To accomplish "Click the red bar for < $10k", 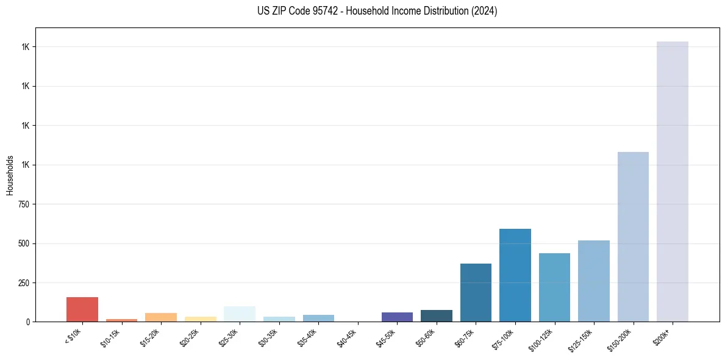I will [82, 309].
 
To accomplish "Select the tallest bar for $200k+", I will [673, 181].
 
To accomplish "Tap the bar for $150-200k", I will [633, 237].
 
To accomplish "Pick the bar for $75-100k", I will [515, 275].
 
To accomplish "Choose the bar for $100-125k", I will [554, 287].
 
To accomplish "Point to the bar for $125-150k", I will [594, 281].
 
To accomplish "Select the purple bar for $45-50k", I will [397, 317].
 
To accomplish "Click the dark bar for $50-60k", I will [437, 315].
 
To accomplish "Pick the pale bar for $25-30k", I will [240, 314].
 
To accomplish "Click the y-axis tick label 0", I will [27, 322].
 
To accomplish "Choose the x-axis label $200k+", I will [662, 336].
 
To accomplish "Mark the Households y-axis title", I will [10, 175].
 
